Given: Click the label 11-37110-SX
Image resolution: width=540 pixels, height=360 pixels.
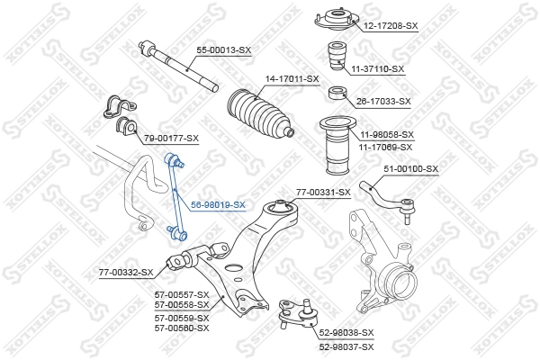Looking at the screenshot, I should coord(378,68).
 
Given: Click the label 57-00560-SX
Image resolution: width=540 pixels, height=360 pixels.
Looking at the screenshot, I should coord(181,328).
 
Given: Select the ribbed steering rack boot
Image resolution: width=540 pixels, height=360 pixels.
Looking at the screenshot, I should coord(258,117).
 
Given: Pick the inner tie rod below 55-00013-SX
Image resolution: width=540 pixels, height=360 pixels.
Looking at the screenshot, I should coord(184,68).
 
